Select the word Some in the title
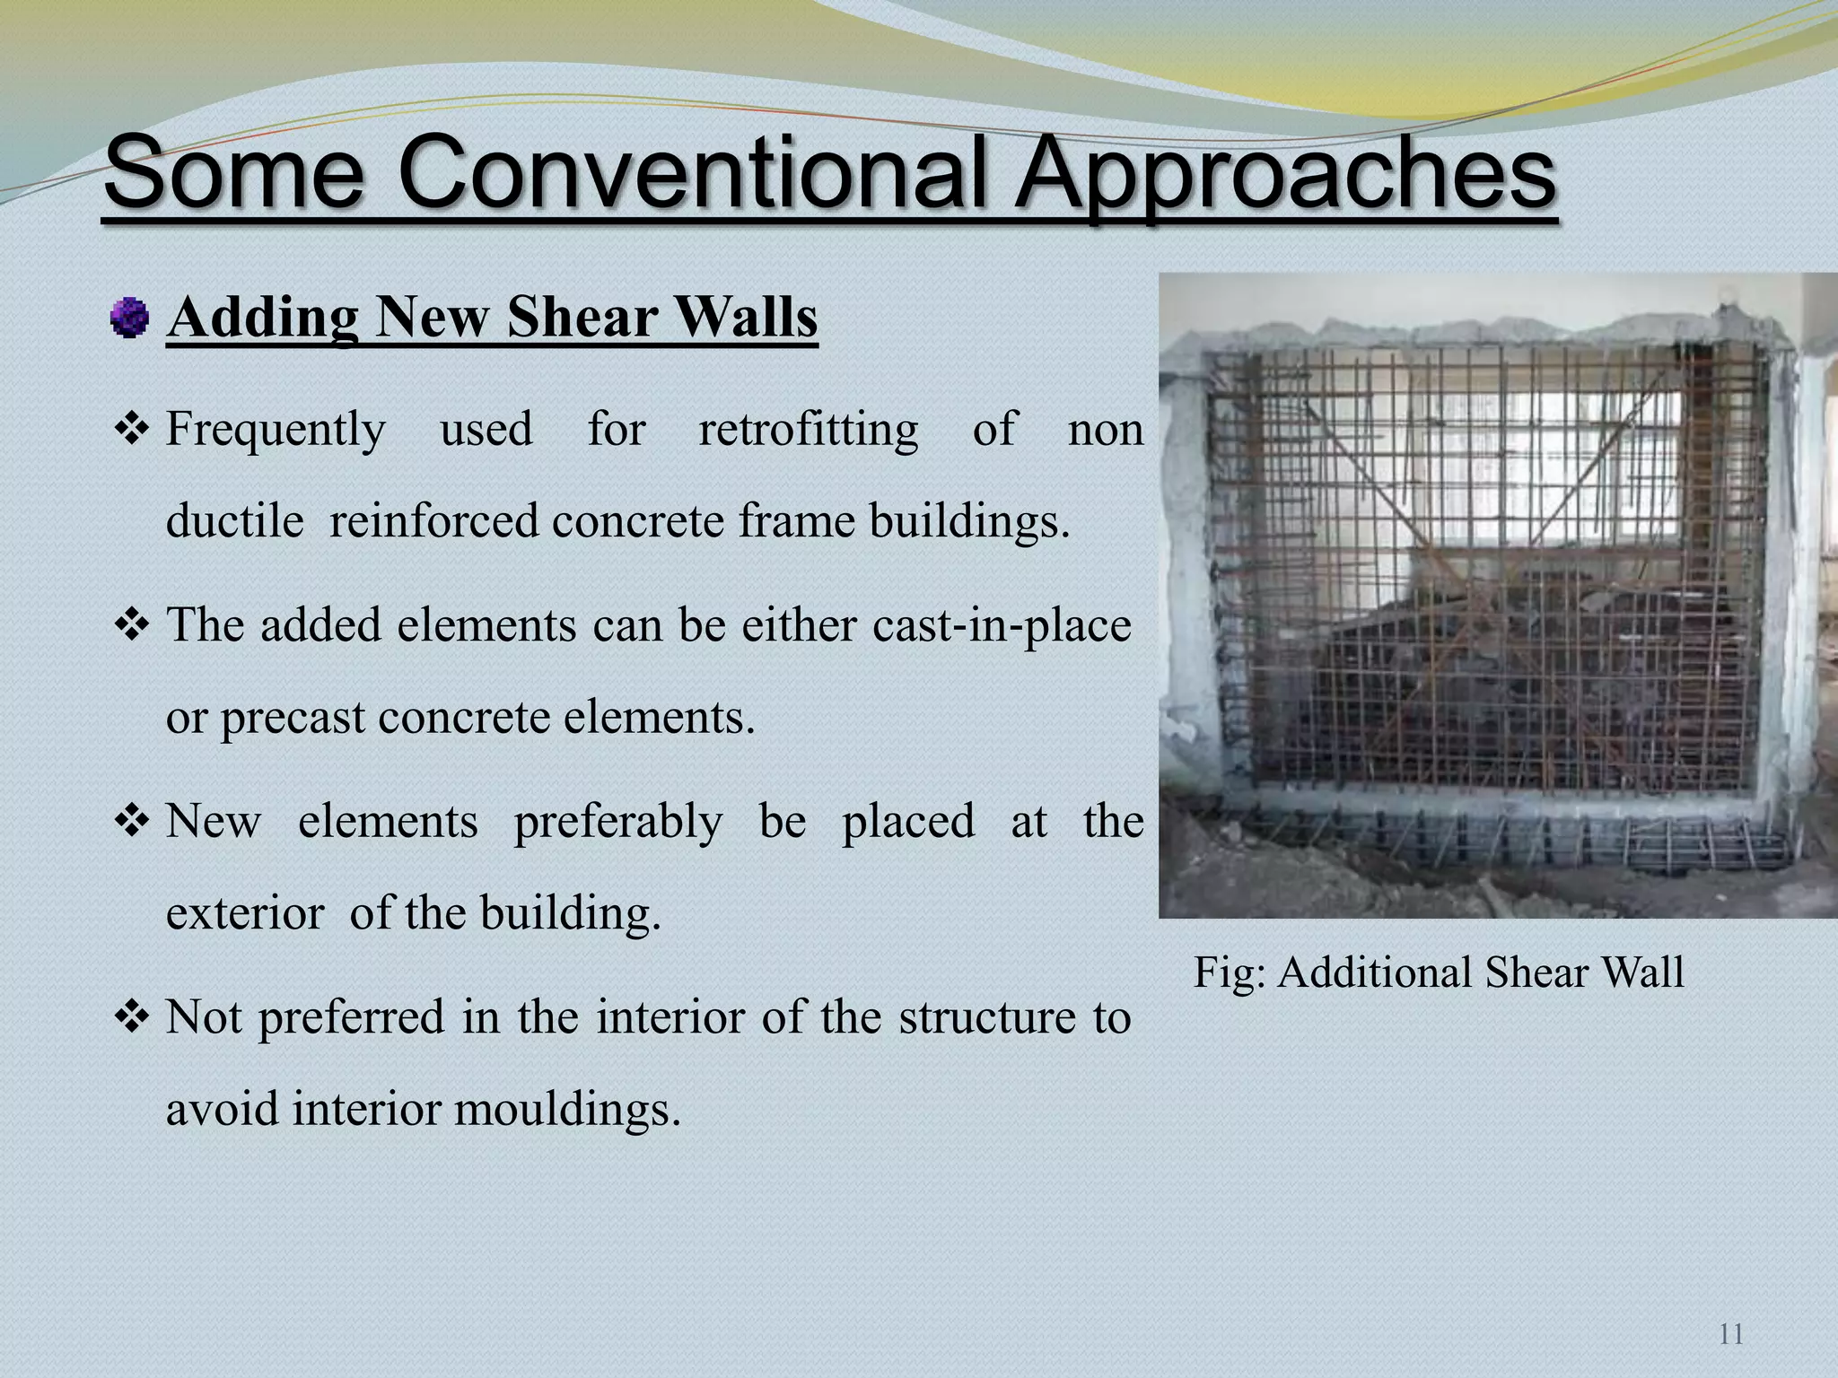pyautogui.click(x=234, y=170)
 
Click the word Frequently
pyautogui.click(x=276, y=429)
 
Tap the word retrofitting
pyautogui.click(x=809, y=429)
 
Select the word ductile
pyautogui.click(x=234, y=520)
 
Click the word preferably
pyautogui.click(x=617, y=821)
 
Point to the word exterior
pyautogui.click(x=245, y=913)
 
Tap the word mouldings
pyautogui.click(x=567, y=1109)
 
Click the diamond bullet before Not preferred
pyautogui.click(x=132, y=1017)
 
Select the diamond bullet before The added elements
pyautogui.click(x=132, y=625)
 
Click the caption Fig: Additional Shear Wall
pyautogui.click(x=1439, y=972)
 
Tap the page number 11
pyautogui.click(x=1731, y=1334)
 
